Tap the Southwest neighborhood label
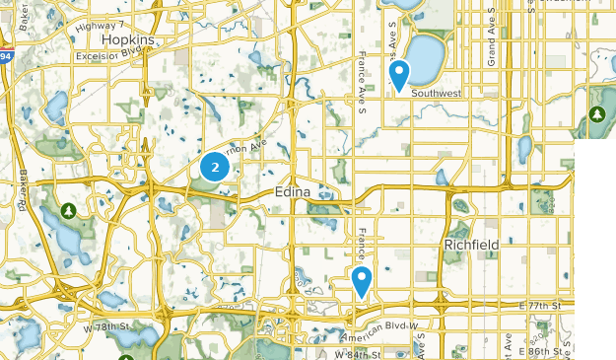(437, 94)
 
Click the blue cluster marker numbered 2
(214, 168)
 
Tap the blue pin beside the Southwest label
(399, 74)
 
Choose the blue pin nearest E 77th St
(362, 281)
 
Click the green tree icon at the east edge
(596, 116)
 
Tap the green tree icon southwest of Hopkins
(68, 211)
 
